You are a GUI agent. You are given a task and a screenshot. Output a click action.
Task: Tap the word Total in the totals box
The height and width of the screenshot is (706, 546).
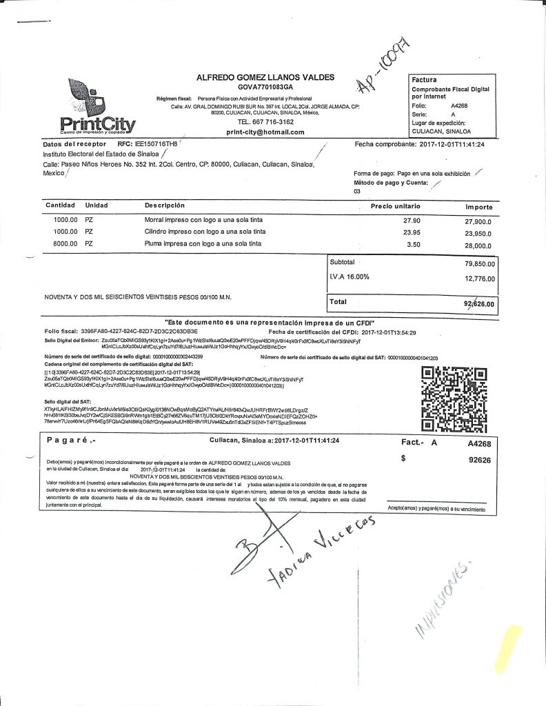[x=338, y=302]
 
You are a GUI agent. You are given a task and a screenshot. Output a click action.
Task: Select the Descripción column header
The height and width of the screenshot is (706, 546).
[x=165, y=205]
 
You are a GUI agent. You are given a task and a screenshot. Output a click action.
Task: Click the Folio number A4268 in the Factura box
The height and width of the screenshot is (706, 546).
[x=460, y=105]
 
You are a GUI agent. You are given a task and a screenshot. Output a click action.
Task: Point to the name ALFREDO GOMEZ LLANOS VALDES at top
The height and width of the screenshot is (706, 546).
[x=265, y=77]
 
